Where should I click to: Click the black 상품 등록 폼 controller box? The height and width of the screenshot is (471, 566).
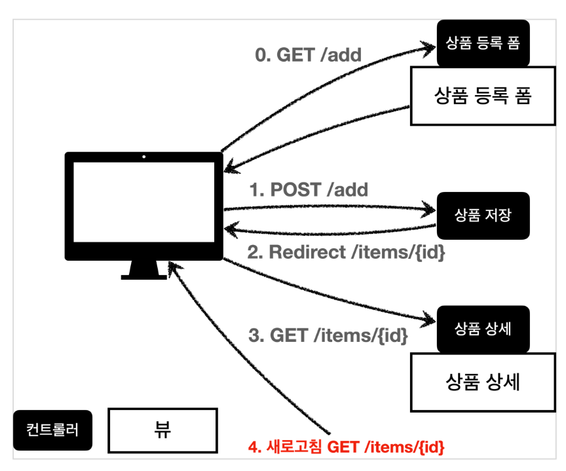(483, 43)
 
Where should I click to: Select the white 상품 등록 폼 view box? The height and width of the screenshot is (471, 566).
(483, 96)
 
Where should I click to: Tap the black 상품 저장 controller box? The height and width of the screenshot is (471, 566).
(483, 216)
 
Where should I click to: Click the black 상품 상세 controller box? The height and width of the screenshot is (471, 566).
(483, 329)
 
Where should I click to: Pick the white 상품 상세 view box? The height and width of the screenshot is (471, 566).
(483, 382)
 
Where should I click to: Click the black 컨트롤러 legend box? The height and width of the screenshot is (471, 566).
(52, 430)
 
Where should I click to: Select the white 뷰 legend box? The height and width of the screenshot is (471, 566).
(163, 430)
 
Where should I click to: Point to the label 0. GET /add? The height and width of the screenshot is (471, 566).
(309, 55)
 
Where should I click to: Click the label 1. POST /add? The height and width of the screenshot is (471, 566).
(309, 189)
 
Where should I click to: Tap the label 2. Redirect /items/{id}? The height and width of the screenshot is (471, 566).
(346, 252)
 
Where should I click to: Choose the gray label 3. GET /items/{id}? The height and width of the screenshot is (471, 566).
(328, 335)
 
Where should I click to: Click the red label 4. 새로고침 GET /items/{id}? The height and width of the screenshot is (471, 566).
(346, 447)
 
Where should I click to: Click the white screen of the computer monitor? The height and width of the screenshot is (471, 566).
(143, 202)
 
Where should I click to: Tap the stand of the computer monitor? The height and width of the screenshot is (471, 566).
(143, 270)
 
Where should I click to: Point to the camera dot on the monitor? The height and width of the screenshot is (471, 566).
(143, 157)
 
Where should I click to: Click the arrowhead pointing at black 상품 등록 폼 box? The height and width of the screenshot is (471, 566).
(428, 48)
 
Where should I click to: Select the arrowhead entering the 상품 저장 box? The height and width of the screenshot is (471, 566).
(428, 210)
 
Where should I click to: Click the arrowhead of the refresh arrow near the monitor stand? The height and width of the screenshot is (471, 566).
(174, 268)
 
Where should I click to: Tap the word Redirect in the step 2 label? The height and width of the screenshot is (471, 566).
(307, 252)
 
